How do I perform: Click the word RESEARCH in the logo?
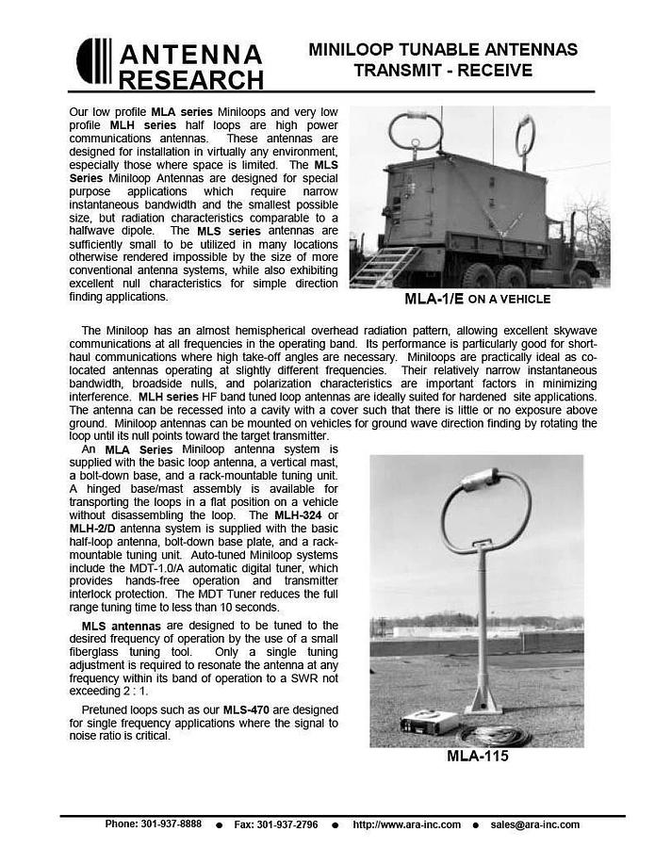pyautogui.click(x=191, y=78)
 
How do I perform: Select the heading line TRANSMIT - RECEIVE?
pyautogui.click(x=443, y=71)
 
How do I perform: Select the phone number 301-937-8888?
pyautogui.click(x=167, y=824)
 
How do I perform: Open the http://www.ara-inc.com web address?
pyautogui.click(x=406, y=824)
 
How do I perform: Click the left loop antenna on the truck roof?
pyautogui.click(x=411, y=133)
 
